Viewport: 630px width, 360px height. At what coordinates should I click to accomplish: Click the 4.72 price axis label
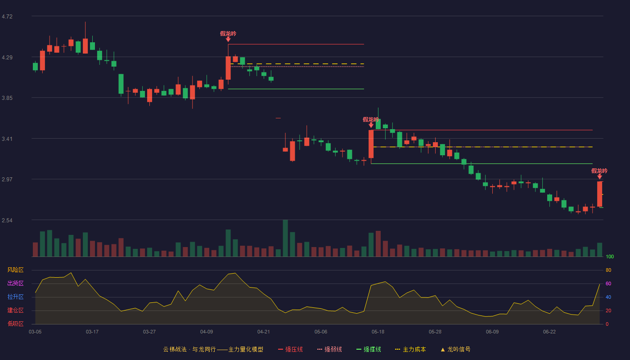(x=7, y=17)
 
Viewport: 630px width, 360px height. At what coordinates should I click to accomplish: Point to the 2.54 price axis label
(x=7, y=220)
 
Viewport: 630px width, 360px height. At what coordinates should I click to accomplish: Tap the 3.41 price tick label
(x=7, y=139)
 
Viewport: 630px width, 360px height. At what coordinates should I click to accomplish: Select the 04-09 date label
(x=207, y=332)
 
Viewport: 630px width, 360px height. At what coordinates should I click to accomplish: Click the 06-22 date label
(x=549, y=332)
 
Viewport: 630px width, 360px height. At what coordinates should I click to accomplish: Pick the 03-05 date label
(x=35, y=332)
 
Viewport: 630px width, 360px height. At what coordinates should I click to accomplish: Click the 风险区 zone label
(x=15, y=270)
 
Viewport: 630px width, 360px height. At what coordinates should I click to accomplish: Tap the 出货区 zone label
(x=15, y=283)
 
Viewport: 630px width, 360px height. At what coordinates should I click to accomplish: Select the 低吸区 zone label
(x=15, y=324)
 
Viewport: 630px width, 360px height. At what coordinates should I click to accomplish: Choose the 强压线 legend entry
(x=290, y=349)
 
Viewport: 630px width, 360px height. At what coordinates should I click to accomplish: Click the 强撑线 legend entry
(x=369, y=349)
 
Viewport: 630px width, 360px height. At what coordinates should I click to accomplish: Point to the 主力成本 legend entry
(x=410, y=349)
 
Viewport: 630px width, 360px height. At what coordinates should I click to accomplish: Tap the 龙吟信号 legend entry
(x=455, y=349)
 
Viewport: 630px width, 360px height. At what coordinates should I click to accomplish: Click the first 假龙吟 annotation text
(x=228, y=34)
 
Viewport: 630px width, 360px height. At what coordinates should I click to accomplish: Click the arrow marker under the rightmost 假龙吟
(x=599, y=176)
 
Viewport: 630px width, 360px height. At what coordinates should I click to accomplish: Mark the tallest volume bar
(x=285, y=238)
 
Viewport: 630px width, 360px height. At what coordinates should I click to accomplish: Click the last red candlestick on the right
(x=599, y=194)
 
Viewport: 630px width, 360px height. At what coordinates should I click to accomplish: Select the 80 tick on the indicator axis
(x=608, y=270)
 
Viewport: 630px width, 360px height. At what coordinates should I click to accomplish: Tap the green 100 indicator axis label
(x=610, y=256)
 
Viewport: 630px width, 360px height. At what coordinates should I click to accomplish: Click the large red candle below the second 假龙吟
(x=371, y=144)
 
